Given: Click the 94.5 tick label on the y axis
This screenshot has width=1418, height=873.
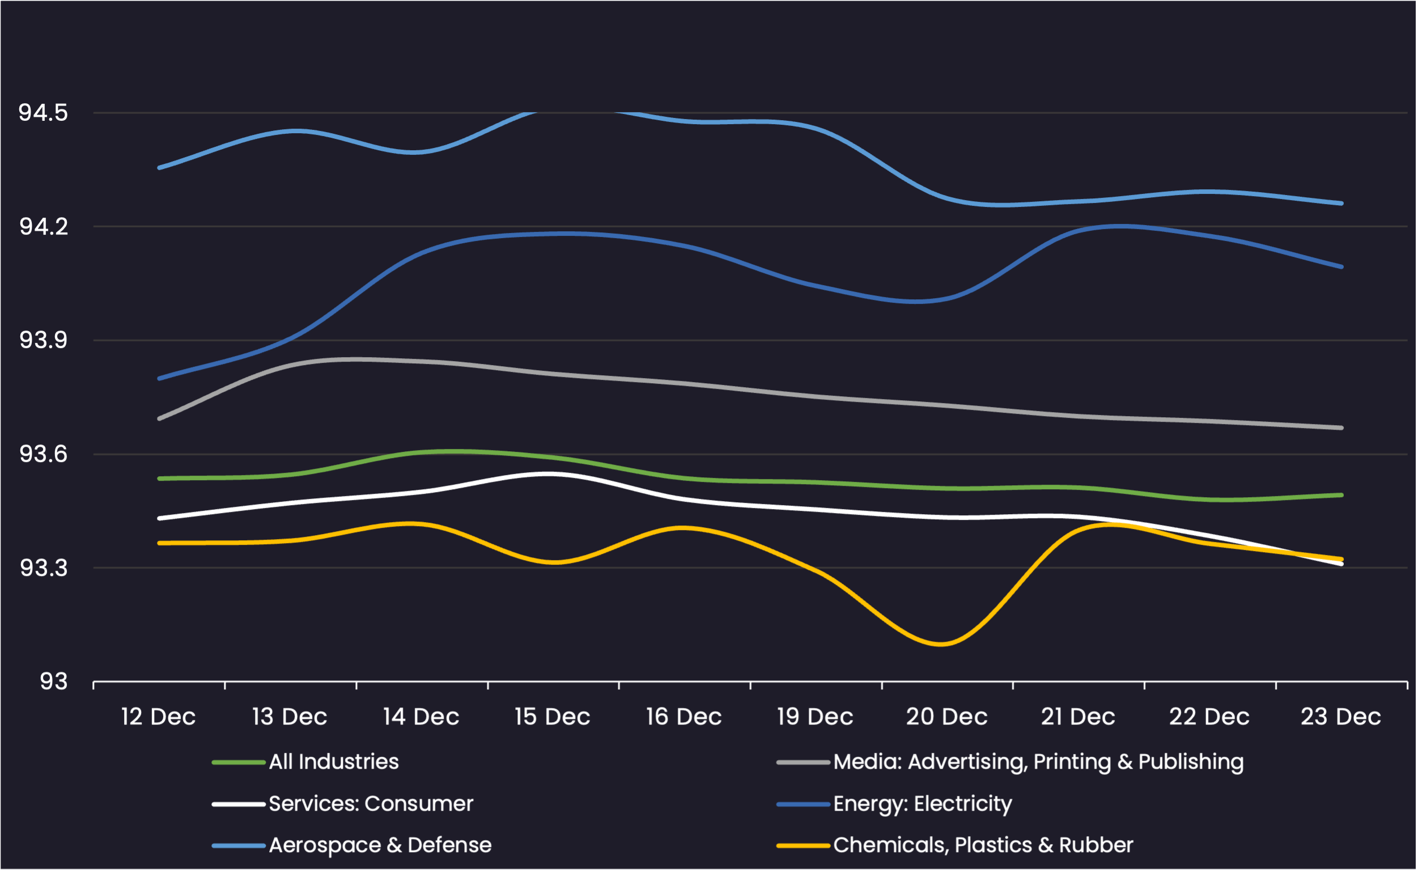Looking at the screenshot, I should [x=43, y=113].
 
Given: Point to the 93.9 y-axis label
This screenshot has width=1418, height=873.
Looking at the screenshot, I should [x=43, y=340].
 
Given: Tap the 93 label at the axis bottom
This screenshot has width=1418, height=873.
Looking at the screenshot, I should [x=53, y=682].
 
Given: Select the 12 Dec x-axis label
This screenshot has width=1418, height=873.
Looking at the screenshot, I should [x=158, y=717].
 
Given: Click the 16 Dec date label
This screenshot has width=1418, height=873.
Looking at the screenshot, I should [x=684, y=717].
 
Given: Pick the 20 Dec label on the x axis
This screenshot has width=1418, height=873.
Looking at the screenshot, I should [x=946, y=717].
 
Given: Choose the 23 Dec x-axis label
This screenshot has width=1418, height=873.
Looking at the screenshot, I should [x=1341, y=717].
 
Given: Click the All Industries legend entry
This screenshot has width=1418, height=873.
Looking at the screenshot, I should [x=334, y=762].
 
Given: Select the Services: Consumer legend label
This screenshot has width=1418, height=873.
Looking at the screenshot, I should [x=371, y=804].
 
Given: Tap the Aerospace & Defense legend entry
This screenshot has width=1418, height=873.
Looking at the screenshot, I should [x=380, y=845].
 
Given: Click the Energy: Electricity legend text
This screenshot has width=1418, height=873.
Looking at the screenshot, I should [x=922, y=804].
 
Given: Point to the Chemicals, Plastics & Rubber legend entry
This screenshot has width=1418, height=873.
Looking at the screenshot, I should [x=983, y=845].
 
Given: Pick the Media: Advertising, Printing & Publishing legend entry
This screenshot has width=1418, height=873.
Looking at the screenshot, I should [x=1038, y=762].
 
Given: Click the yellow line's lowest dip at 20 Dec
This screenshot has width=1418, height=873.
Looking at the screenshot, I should [x=941, y=644].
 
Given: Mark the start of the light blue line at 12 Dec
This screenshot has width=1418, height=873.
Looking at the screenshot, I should [x=159, y=167].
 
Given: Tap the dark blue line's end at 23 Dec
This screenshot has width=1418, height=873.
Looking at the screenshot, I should [x=1341, y=267].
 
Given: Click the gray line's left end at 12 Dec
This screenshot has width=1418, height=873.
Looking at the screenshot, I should [x=159, y=418].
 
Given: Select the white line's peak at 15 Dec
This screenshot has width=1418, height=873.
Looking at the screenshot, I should [x=551, y=474].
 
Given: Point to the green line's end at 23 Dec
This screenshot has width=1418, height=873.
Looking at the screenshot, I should [x=1341, y=495].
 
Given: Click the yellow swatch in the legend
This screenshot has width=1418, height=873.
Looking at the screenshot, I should [x=803, y=846].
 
